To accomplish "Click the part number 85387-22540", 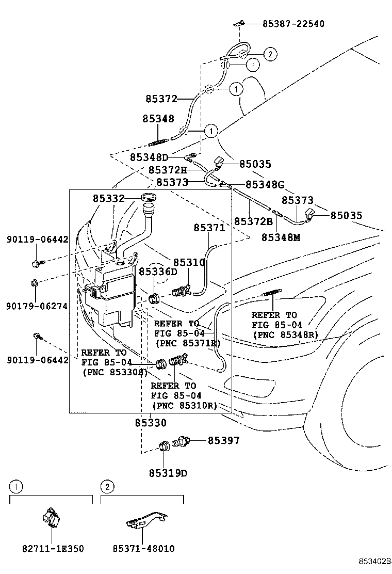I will click(x=293, y=24).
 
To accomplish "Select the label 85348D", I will click(x=149, y=157).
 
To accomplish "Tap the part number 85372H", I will click(x=167, y=170).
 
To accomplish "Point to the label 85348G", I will click(x=265, y=184).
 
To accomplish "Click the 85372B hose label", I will click(x=253, y=221).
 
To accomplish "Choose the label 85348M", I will click(x=281, y=237).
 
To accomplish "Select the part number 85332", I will click(x=109, y=198).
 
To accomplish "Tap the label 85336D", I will click(x=158, y=272).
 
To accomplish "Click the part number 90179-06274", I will click(x=37, y=306).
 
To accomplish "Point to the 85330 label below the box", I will click(x=151, y=423).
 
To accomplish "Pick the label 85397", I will click(x=224, y=440).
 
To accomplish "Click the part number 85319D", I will click(x=168, y=473).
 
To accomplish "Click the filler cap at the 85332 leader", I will click(x=149, y=198).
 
